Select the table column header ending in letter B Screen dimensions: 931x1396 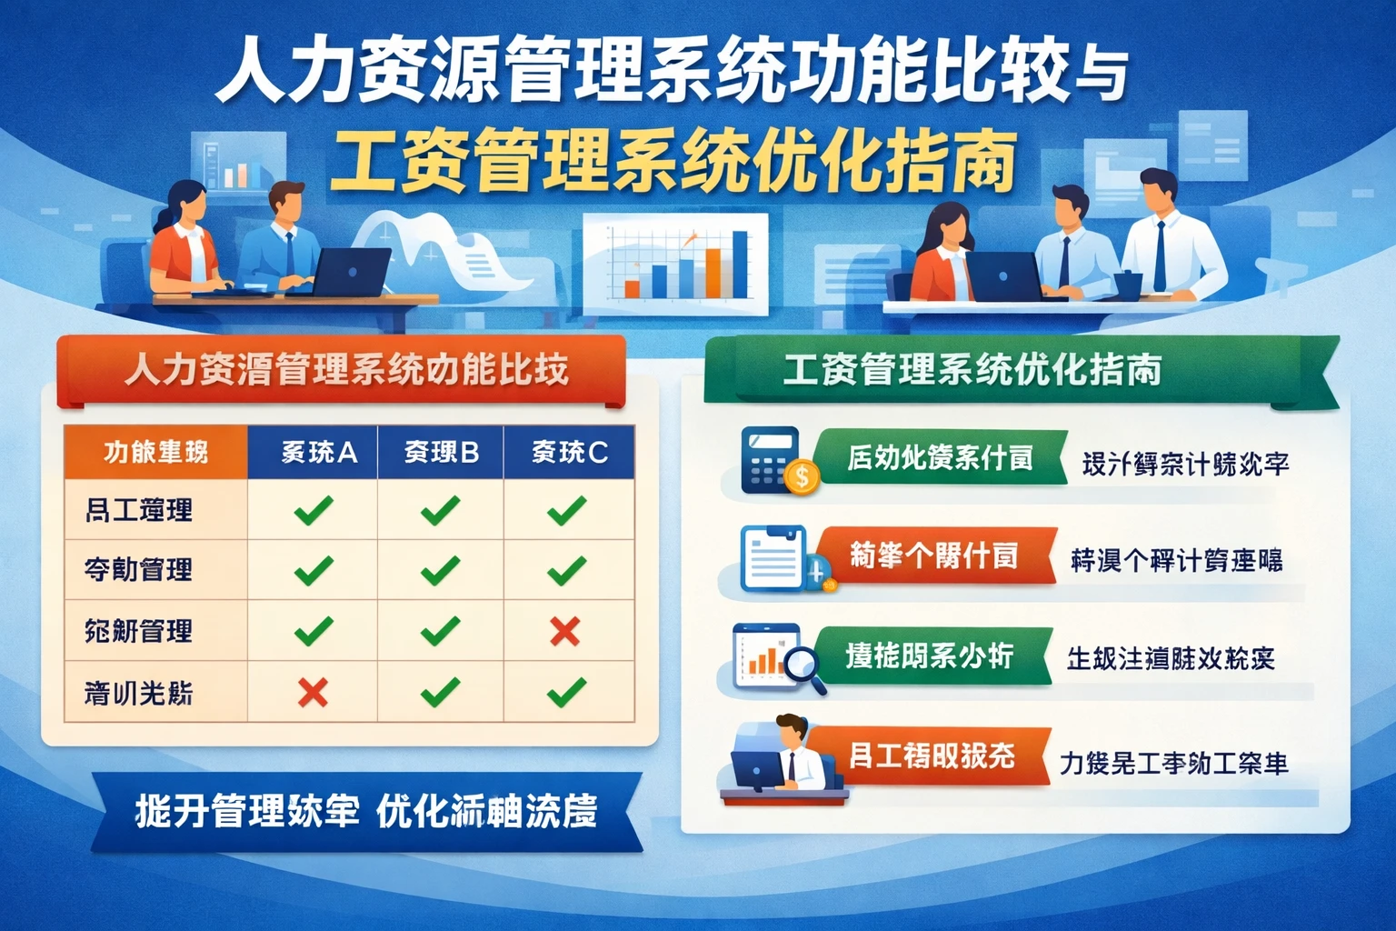point(441,452)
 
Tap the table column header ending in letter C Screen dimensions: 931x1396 point(569,452)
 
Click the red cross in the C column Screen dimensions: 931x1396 point(565,630)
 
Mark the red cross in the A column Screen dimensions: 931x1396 point(313,693)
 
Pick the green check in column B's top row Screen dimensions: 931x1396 point(441,510)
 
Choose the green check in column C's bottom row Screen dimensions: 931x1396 point(566,693)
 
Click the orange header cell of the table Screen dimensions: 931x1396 point(155,452)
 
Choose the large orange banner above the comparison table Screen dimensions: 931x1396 point(341,371)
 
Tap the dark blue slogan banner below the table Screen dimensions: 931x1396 point(365,812)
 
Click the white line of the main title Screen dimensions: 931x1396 point(673,71)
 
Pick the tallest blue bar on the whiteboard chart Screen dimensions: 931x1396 point(740,264)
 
